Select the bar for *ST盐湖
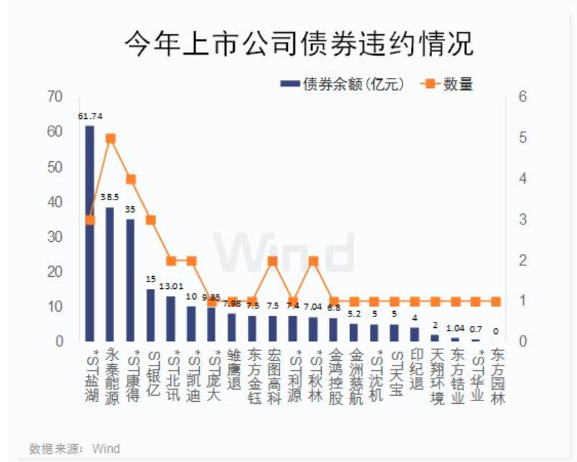coord(90,232)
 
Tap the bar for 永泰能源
coord(110,273)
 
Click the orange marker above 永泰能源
coord(110,138)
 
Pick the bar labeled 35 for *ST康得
coord(131,280)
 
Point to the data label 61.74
coord(90,117)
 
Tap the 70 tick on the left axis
coord(57,97)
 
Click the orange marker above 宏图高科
coord(272,261)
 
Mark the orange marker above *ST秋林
coord(313,261)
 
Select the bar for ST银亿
coord(150,315)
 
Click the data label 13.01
coord(171,286)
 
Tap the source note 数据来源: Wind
coord(75,449)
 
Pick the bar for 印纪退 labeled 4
coord(415,334)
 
